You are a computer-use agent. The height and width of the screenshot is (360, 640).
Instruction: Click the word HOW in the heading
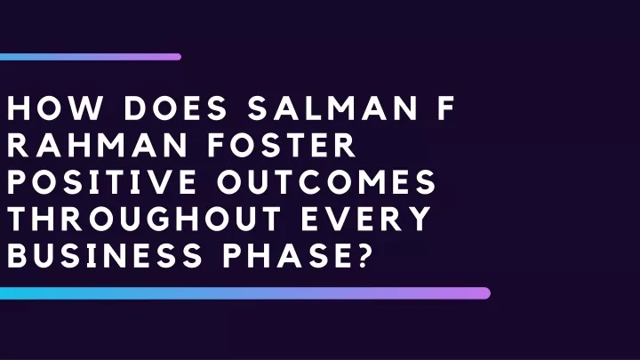(55, 108)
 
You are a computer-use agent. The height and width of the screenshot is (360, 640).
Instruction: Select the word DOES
(175, 108)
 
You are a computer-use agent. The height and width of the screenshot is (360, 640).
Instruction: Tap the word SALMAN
(333, 108)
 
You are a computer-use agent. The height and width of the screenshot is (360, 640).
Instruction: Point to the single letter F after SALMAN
(446, 108)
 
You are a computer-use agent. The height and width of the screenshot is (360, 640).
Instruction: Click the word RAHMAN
(97, 145)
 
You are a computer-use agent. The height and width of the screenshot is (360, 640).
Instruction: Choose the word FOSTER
(282, 145)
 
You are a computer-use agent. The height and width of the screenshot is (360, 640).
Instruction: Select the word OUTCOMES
(326, 181)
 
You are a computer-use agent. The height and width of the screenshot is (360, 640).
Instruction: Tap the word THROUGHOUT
(144, 219)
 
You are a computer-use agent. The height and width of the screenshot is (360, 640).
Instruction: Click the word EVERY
(366, 219)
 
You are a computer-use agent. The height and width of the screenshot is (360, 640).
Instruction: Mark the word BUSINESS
(105, 255)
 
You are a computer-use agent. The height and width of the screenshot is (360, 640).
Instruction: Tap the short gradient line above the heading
(91, 57)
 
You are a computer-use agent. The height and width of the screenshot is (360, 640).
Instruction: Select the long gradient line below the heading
(245, 293)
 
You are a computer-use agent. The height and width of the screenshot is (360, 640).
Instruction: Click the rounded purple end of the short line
(179, 57)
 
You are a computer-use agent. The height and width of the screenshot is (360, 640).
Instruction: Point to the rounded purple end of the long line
(485, 293)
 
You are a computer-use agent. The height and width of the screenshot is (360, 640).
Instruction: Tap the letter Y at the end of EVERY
(420, 219)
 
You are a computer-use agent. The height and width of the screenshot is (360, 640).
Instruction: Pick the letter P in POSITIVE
(16, 181)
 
